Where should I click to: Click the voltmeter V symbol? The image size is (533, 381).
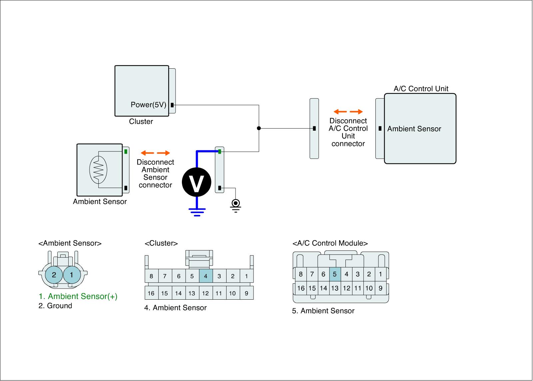[197, 182]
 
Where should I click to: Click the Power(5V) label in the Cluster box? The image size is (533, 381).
[148, 105]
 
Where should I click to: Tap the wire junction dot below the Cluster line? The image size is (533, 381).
[259, 128]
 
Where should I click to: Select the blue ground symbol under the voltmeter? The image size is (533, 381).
[197, 212]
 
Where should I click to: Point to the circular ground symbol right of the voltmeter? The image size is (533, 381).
[236, 203]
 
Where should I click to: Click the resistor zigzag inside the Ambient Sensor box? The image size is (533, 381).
[99, 169]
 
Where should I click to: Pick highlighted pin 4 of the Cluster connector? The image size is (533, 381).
[206, 276]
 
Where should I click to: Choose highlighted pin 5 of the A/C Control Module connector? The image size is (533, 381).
[335, 274]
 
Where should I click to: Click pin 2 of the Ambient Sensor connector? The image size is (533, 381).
[54, 275]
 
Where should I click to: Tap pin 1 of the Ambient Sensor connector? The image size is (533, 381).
[71, 275]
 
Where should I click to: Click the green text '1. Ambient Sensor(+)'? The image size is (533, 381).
[78, 296]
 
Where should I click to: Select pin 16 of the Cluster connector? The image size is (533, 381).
[151, 293]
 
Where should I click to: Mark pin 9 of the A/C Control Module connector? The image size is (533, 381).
[380, 288]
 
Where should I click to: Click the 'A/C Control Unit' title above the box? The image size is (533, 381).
[421, 89]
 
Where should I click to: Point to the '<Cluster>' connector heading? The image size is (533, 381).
[161, 243]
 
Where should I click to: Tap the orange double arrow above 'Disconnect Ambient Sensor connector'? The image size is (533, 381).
[155, 153]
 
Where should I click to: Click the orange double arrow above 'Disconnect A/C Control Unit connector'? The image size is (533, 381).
[348, 112]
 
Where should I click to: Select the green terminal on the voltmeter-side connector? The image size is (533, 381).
[220, 152]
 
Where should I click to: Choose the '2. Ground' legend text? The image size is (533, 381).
[55, 306]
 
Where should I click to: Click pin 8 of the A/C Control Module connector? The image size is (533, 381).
[301, 274]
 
